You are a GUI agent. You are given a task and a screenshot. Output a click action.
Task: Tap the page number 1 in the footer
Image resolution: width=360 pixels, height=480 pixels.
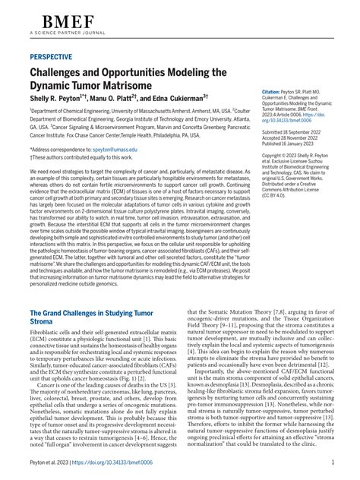333,461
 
